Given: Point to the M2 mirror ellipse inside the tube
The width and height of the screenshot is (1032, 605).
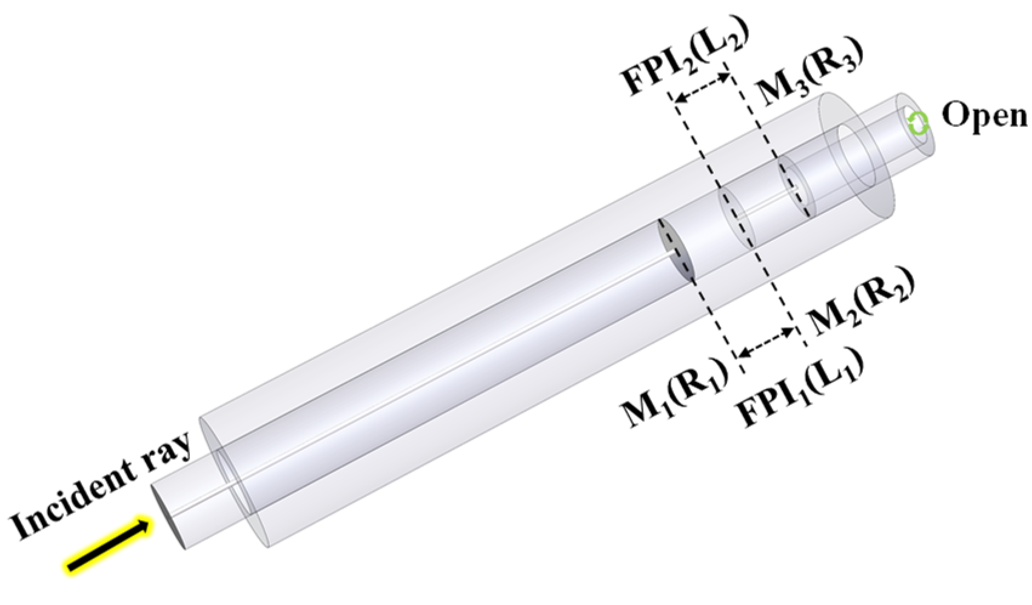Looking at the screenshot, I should pos(737,218).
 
